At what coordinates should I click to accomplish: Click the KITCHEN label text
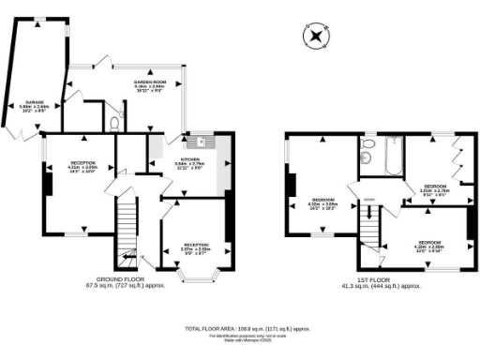(193, 159)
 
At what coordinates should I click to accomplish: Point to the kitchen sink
(199, 142)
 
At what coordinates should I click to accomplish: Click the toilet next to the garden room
(113, 122)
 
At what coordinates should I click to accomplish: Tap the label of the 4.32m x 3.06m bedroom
(324, 203)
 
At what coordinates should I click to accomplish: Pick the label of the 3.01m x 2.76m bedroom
(434, 189)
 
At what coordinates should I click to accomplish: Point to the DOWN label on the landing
(369, 199)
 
